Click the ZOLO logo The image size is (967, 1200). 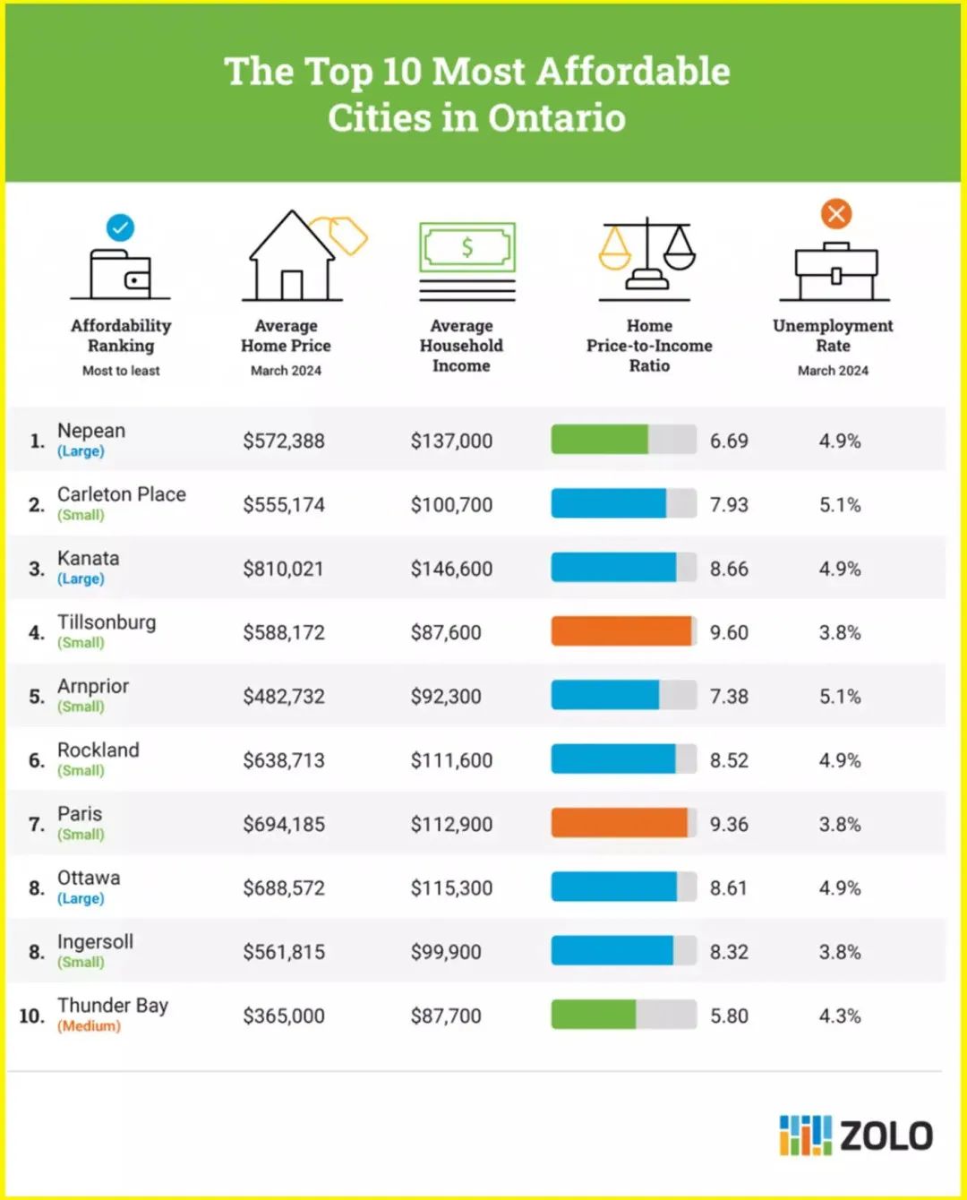pos(855,1136)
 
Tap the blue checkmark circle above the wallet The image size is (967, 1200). pos(121,227)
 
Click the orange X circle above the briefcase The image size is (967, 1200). pos(836,213)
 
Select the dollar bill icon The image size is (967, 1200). pos(467,261)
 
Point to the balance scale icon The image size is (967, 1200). pos(646,259)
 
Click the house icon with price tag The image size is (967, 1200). pos(304,255)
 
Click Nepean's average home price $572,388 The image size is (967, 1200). pos(284,441)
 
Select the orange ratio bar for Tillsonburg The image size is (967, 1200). pos(621,631)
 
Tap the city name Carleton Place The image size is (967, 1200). pos(122,494)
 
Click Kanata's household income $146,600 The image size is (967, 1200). pos(451,569)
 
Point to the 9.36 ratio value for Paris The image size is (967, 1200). pos(729,824)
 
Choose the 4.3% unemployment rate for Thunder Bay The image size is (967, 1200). pos(840,1016)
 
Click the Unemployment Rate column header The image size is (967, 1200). pos(833,335)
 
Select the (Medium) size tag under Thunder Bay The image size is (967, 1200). pos(90,1026)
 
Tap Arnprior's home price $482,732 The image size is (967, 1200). pos(284,697)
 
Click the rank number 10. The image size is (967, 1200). pos(32,1016)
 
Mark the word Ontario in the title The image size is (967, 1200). pos(557,117)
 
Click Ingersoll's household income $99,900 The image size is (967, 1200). pos(446,952)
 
